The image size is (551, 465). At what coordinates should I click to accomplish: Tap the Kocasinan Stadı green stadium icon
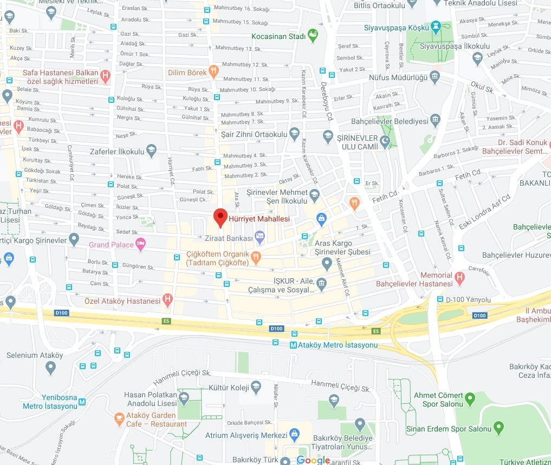[x=313, y=36]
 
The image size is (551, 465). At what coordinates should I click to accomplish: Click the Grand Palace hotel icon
[x=141, y=244]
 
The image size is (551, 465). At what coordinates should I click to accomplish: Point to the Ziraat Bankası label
[x=229, y=238]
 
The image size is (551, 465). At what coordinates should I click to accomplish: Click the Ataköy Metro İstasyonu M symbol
[x=293, y=345]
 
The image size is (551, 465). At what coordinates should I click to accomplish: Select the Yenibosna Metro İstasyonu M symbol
[x=82, y=402]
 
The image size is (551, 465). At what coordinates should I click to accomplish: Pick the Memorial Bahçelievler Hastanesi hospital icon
[x=460, y=279]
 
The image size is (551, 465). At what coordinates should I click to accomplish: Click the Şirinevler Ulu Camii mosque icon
[x=385, y=141]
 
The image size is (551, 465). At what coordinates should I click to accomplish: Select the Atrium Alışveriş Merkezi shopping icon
[x=295, y=435]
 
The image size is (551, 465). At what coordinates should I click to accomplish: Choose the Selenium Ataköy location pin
[x=51, y=368]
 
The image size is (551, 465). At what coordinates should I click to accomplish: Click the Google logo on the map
[x=313, y=460]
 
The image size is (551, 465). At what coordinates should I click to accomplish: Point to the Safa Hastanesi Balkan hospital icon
[x=105, y=76]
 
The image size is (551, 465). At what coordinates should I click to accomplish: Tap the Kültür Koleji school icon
[x=256, y=387]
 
